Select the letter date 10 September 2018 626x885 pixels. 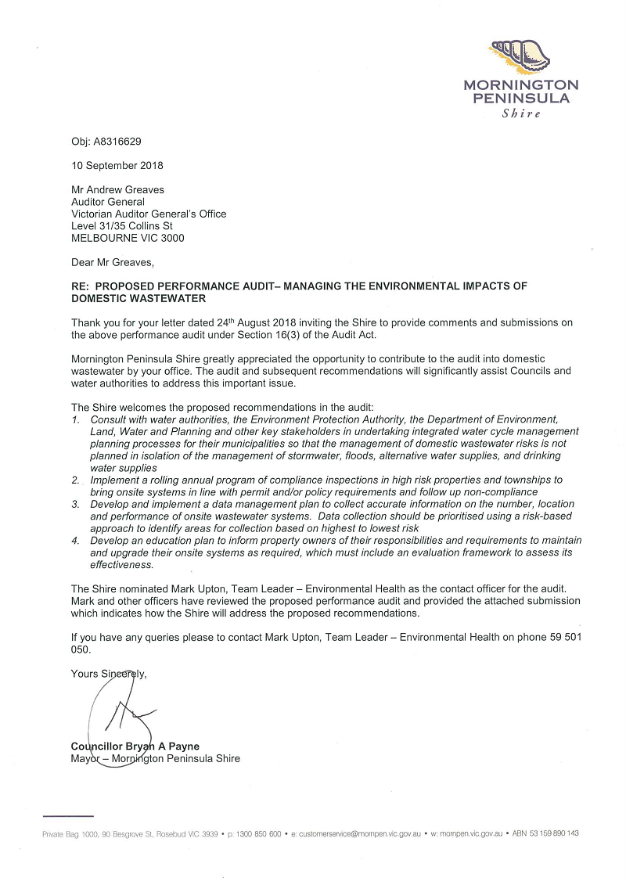click(x=117, y=166)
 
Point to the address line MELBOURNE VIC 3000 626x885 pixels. click(x=128, y=238)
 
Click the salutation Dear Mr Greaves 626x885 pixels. click(x=112, y=262)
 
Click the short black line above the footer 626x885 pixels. click(x=68, y=816)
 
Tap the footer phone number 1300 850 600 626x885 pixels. click(x=257, y=835)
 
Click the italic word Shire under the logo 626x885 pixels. click(x=521, y=113)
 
